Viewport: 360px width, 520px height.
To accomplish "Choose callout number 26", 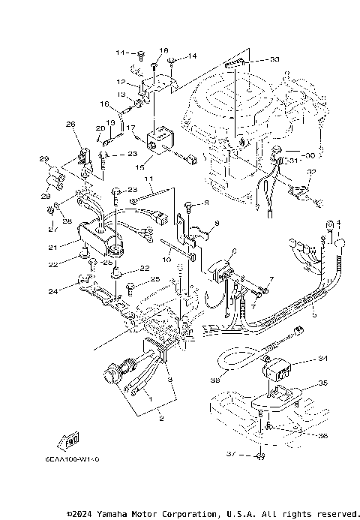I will (70, 124).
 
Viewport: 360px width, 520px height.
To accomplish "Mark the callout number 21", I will (53, 247).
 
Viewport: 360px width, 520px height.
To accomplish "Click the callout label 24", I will (52, 290).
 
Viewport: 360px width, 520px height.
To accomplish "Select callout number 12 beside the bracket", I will (120, 81).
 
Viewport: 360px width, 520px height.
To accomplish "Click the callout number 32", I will (311, 172).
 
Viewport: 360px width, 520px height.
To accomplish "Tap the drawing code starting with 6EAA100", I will (66, 456).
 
